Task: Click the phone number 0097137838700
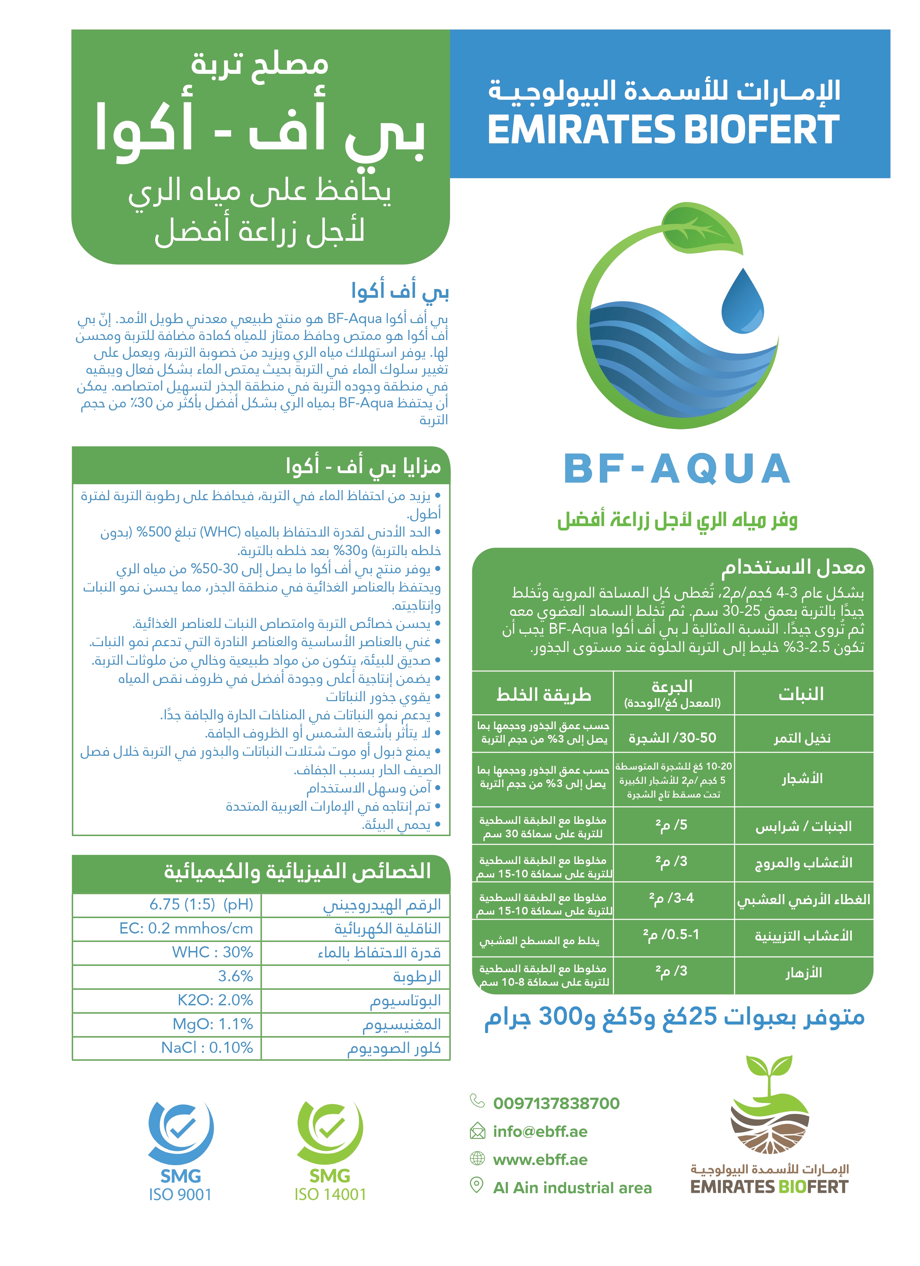coord(556,1103)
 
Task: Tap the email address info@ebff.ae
coord(540,1131)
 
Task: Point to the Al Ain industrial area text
coord(572,1188)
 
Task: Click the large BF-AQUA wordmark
coord(677,469)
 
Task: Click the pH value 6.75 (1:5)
coord(201,904)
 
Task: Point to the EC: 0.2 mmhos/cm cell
coord(186,928)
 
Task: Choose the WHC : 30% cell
coord(212,952)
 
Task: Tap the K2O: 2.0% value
coord(215,1000)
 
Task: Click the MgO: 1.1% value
coord(212,1024)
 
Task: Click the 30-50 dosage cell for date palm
coord(673,738)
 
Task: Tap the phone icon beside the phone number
coord(477,1101)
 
